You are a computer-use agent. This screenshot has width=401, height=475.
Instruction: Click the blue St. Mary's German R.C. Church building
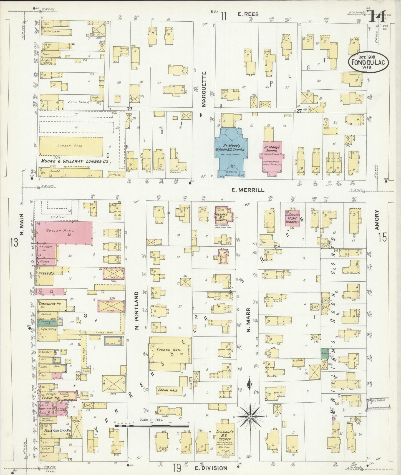[x=231, y=150]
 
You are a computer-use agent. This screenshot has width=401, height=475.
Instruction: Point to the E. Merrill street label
[x=247, y=190]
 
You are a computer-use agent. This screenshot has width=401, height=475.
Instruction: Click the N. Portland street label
[x=137, y=311]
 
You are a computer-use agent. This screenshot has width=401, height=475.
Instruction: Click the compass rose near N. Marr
[x=250, y=417]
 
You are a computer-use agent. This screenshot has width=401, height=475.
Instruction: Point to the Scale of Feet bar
[x=152, y=425]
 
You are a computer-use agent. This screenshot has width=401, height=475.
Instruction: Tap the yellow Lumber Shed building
[x=71, y=146]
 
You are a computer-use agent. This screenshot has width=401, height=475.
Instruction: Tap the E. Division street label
[x=211, y=468]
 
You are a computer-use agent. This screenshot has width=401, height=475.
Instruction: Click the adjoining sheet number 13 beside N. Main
[x=14, y=242]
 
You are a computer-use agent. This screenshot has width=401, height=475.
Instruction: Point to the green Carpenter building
[x=324, y=354]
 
